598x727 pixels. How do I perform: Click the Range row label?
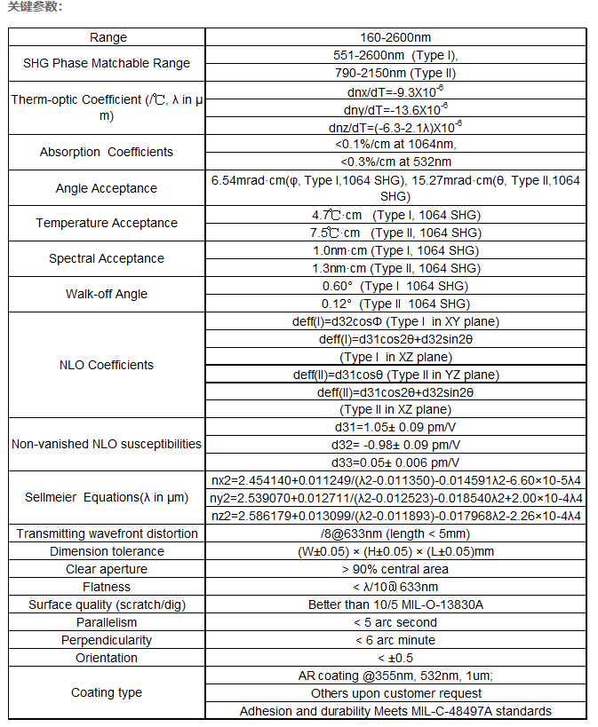[x=108, y=37]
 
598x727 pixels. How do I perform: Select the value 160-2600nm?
[x=395, y=37]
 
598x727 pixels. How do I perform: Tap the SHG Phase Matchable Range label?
[x=107, y=63]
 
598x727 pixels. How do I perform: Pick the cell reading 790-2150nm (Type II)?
[x=395, y=73]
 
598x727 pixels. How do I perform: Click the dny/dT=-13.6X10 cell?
[x=395, y=109]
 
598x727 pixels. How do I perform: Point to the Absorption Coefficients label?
[x=107, y=152]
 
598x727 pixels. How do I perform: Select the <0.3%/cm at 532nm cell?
[x=395, y=162]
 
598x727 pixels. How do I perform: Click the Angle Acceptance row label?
[x=107, y=188]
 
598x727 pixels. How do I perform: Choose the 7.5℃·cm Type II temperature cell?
[x=395, y=233]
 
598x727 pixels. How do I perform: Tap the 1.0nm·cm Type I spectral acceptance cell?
[x=395, y=250]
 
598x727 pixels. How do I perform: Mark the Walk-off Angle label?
[x=107, y=294]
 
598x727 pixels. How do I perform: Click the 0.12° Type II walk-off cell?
[x=395, y=304]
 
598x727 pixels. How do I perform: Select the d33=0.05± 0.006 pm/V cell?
[x=395, y=462]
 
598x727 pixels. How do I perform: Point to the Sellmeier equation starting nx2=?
[x=395, y=480]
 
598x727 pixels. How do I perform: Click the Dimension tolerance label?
[x=107, y=551]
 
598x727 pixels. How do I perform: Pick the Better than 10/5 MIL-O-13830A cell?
[x=395, y=605]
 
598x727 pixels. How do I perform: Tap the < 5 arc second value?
[x=395, y=622]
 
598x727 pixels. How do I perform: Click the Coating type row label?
[x=107, y=692]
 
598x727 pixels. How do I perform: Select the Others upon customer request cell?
[x=395, y=693]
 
